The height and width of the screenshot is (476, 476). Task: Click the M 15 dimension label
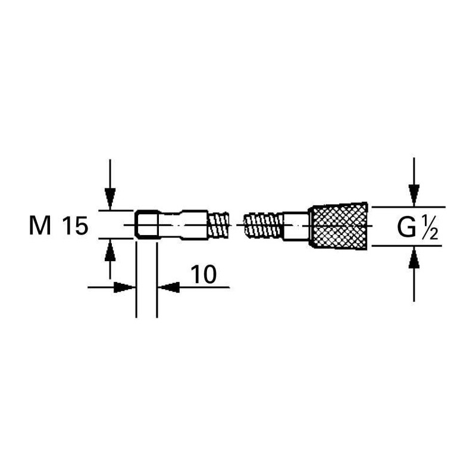(58, 226)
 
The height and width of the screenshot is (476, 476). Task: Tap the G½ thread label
(418, 228)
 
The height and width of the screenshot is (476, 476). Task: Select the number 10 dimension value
(203, 274)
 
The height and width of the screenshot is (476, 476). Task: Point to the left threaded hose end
(218, 226)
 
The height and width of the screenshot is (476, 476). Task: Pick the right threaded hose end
(264, 226)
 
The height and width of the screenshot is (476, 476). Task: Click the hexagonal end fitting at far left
(146, 224)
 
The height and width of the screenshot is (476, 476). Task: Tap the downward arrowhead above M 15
(110, 199)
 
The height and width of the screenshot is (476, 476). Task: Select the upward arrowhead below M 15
(110, 250)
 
